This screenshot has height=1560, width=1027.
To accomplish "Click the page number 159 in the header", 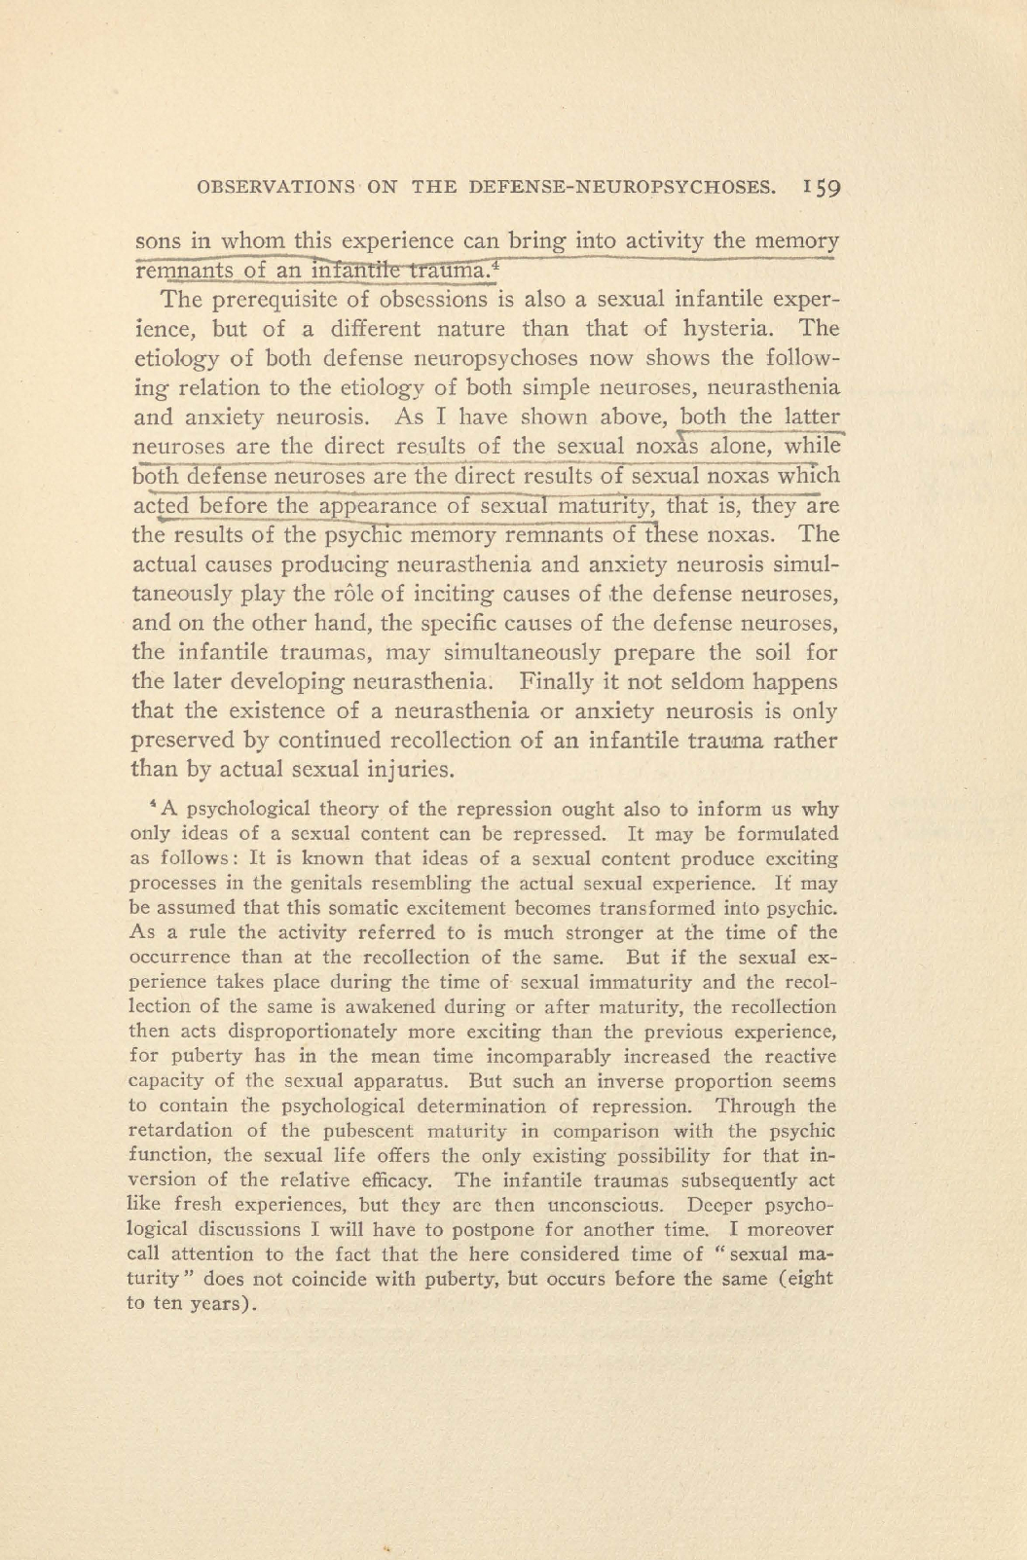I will coord(823,188).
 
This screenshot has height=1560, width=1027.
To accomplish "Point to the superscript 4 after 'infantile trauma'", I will coord(495,263).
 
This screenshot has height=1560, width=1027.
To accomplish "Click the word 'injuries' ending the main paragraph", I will coord(412,769).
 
